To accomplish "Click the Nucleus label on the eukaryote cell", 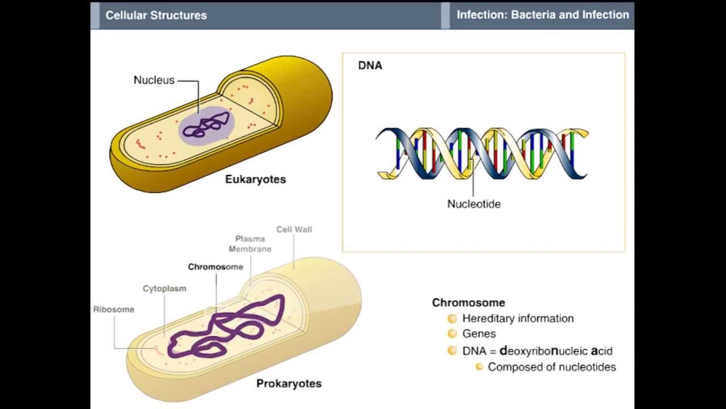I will pyautogui.click(x=154, y=80).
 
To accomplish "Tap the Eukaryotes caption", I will pyautogui.click(x=255, y=180).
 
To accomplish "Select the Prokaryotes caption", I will pyautogui.click(x=289, y=383).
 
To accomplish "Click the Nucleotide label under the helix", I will pyautogui.click(x=474, y=204).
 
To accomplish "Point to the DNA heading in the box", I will pyautogui.click(x=370, y=65).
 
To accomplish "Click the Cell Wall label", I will pyautogui.click(x=294, y=229).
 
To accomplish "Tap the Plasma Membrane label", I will pyautogui.click(x=250, y=244).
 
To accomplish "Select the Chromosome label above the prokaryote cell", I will pyautogui.click(x=216, y=267).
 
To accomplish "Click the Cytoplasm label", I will pyautogui.click(x=164, y=289).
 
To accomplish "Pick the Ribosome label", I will pyautogui.click(x=114, y=310).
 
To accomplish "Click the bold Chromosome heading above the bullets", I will pyautogui.click(x=468, y=303).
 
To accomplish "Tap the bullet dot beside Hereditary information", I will pyautogui.click(x=452, y=319).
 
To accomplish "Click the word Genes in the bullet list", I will pyautogui.click(x=479, y=334).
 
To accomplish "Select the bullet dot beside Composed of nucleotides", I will pyautogui.click(x=479, y=367).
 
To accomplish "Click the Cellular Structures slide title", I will pyautogui.click(x=156, y=15).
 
